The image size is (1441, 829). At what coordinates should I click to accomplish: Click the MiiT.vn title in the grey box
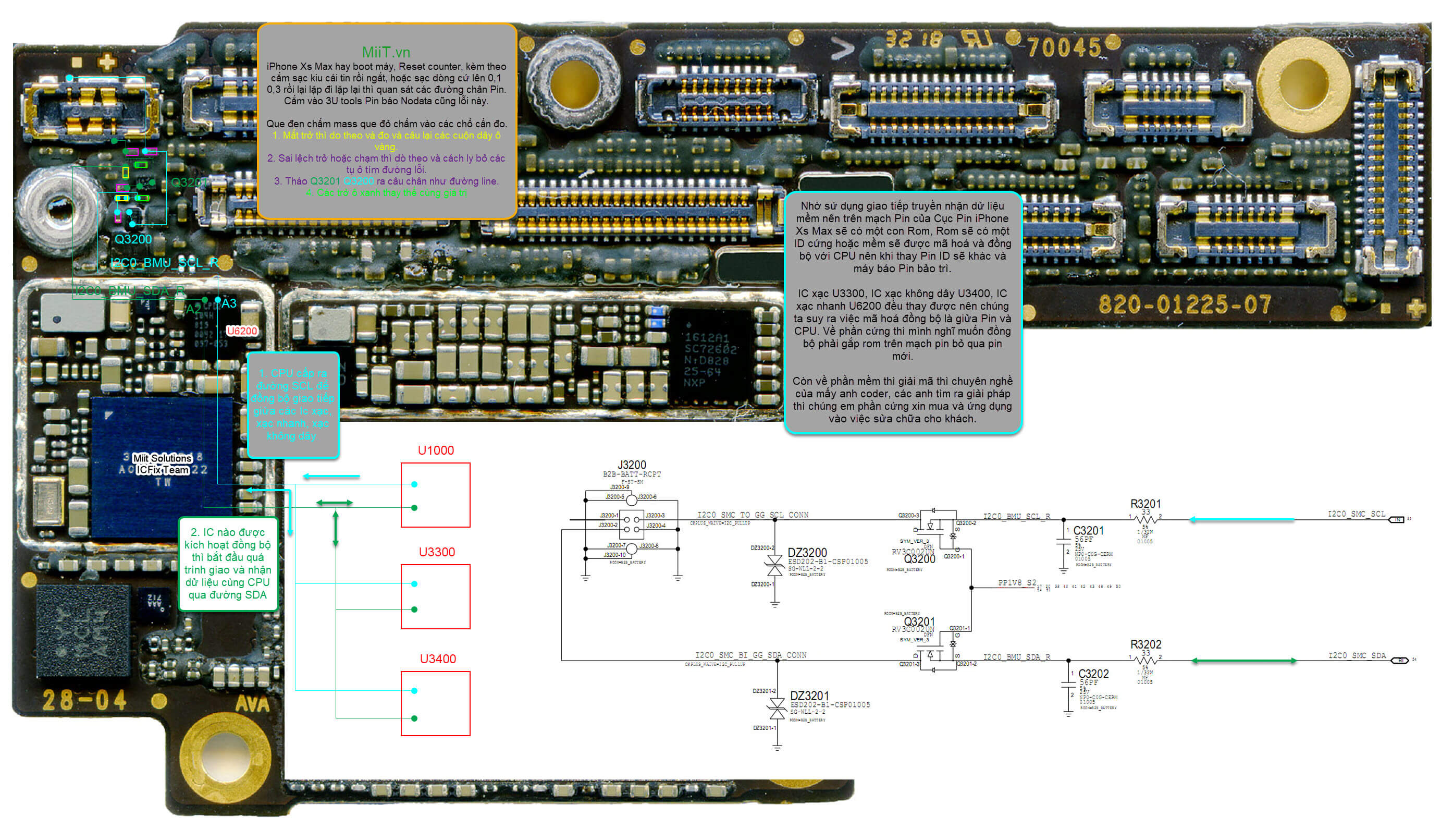386,52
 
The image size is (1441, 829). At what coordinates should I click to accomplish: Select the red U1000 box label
435,450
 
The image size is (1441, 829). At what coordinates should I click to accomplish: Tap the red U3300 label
437,552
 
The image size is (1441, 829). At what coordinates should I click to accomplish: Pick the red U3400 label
438,659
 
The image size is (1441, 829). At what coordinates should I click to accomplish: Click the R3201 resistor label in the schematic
1145,504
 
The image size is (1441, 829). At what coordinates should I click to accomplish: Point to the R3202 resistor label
1145,644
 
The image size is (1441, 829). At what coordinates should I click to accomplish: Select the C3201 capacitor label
1088,531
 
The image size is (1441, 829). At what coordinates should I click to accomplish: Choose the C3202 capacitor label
1093,674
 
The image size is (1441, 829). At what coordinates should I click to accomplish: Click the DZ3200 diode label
807,553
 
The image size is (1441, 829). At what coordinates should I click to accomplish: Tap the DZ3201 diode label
809,696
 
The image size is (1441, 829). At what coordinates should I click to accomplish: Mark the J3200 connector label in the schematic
632,465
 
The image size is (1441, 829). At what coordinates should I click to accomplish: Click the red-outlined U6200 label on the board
242,331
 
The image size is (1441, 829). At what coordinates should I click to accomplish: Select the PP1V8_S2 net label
1017,583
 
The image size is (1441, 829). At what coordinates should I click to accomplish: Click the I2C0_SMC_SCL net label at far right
1356,514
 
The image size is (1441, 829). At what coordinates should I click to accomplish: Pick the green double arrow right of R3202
1244,661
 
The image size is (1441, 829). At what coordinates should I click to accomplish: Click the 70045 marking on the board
1063,47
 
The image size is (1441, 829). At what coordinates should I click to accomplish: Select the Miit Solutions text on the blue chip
162,458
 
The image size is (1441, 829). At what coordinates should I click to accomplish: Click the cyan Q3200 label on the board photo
133,239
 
